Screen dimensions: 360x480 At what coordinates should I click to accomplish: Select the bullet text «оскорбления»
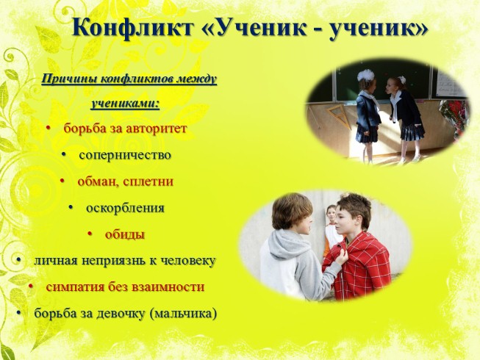(x=125, y=208)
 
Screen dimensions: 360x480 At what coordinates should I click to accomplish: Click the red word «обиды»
(x=125, y=234)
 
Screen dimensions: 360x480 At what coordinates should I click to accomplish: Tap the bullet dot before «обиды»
(x=90, y=234)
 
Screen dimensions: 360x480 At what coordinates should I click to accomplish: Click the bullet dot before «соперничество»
(x=64, y=155)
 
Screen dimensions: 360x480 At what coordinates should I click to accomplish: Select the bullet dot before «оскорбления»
(x=71, y=208)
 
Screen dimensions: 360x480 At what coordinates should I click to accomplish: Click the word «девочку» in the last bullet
(x=121, y=313)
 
